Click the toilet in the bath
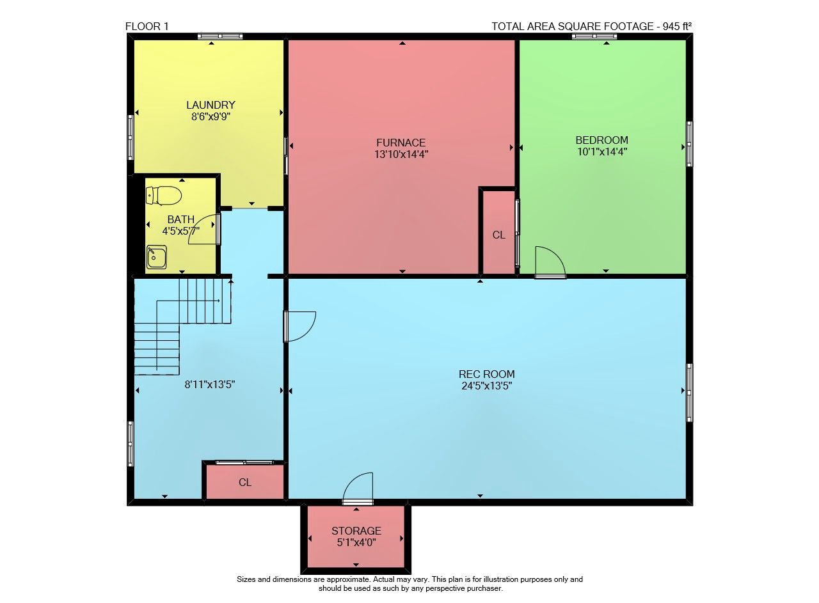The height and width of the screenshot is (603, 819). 163,196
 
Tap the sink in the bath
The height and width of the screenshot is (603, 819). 157,257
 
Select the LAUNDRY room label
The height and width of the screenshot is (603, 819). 211,105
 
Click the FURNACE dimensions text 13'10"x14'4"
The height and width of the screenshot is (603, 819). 401,154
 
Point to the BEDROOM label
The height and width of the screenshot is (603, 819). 602,140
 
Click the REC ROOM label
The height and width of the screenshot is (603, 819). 487,374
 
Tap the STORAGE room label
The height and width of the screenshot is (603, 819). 356,530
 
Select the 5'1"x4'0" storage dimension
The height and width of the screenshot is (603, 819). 356,542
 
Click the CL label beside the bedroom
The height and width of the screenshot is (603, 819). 498,235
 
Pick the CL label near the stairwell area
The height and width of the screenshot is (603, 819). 245,482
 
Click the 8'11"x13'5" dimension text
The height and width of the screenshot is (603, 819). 209,384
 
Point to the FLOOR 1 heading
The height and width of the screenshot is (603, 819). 147,26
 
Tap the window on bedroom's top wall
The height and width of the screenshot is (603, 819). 594,36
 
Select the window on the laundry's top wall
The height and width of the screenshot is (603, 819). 220,36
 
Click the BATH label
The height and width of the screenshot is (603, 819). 180,219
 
